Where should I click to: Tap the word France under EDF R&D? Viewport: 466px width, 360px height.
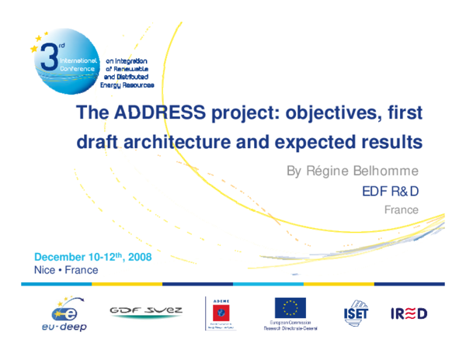(x=402, y=209)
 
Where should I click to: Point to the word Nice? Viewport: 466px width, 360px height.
(x=43, y=270)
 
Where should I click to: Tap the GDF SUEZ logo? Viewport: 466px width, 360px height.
(x=146, y=311)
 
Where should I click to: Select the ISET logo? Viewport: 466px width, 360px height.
(x=356, y=313)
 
